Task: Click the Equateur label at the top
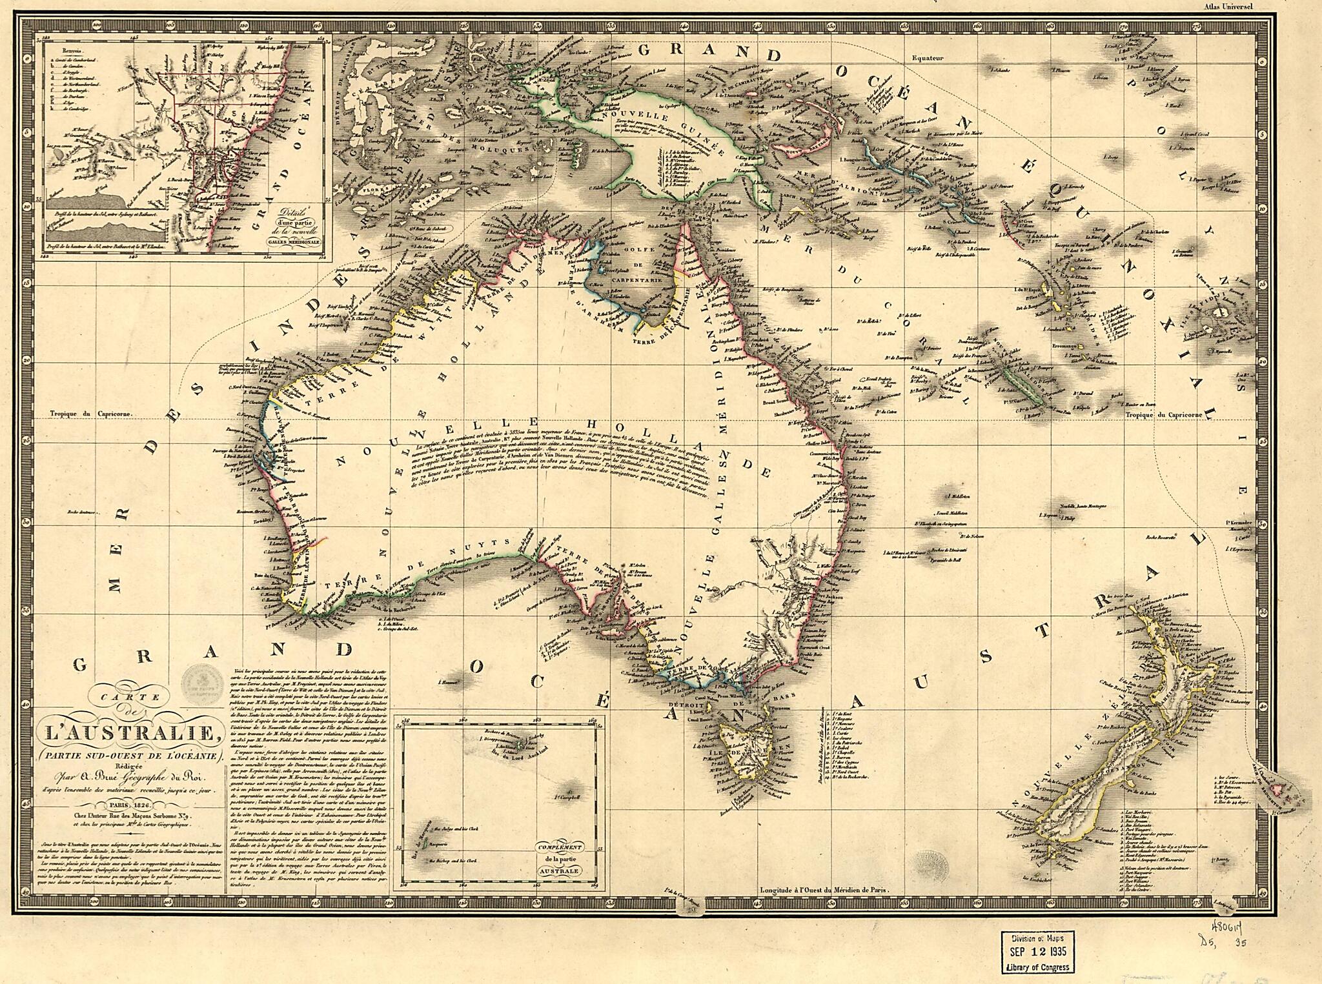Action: tap(927, 58)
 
